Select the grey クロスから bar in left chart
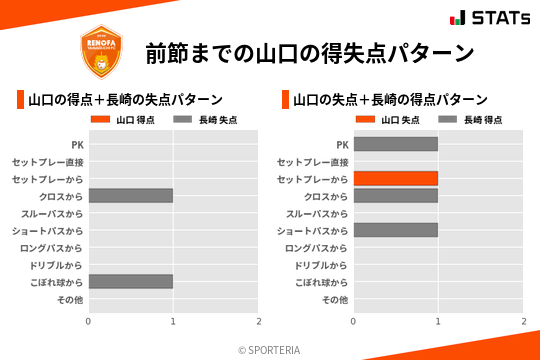(130, 195)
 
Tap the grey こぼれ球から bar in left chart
(130, 282)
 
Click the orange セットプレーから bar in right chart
(395, 178)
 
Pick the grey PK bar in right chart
(395, 144)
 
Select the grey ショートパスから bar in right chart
(395, 230)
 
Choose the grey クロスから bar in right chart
(395, 195)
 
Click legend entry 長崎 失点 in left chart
(211, 120)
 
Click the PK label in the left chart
(76, 144)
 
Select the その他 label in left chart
(70, 299)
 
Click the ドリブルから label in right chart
(322, 265)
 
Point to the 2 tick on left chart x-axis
(258, 321)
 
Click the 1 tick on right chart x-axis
(438, 321)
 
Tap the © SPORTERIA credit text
(269, 350)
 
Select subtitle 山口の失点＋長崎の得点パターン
(390, 99)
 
